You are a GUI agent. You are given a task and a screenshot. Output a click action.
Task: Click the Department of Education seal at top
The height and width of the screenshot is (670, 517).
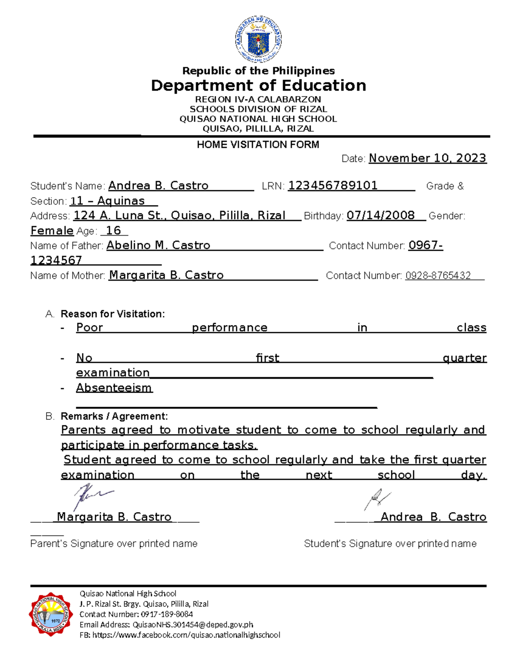[258, 40]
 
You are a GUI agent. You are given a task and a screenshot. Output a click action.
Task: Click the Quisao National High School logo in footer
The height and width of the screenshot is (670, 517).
[50, 614]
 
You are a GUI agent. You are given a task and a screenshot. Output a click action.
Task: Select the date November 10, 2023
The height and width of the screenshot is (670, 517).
[427, 158]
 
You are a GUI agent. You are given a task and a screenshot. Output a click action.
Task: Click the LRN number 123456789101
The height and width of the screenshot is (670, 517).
[333, 186]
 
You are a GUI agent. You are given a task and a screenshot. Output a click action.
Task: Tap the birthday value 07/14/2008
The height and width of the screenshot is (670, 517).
[380, 215]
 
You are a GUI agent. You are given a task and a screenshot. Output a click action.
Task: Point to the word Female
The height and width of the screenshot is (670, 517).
[52, 231]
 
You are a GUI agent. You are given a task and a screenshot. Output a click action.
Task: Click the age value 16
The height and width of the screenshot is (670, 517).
[113, 231]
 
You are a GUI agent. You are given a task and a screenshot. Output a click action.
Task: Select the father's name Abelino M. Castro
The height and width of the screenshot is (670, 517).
[158, 245]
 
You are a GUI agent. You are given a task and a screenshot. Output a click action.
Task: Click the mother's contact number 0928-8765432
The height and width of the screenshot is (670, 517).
[438, 276]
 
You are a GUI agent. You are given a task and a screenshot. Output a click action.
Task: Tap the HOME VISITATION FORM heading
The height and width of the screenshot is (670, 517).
[258, 145]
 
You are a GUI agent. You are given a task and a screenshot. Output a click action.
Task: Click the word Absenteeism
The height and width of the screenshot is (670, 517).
[114, 388]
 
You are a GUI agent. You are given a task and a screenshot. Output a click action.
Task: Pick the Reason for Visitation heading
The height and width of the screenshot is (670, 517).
[112, 314]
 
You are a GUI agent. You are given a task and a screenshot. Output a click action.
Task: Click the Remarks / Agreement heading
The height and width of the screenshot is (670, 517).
[114, 416]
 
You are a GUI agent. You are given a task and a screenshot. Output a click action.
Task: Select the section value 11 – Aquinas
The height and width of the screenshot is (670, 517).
[107, 201]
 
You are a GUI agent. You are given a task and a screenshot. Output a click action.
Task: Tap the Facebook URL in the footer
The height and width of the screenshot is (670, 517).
[186, 635]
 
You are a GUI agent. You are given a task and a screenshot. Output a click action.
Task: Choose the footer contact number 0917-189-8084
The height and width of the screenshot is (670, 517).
[167, 614]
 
